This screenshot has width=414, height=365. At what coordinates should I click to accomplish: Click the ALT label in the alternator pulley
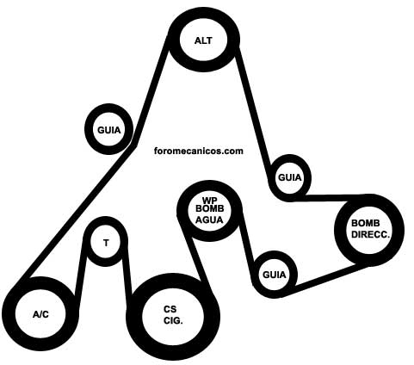(x=203, y=40)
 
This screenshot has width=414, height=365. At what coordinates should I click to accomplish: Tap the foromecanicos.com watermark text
(x=199, y=151)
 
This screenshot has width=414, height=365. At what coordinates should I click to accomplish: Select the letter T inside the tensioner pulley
(x=106, y=244)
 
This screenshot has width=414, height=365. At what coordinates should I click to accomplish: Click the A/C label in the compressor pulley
(x=40, y=315)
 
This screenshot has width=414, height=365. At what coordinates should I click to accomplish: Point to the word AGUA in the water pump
(x=209, y=220)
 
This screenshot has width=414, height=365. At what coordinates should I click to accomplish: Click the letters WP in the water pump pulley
(x=209, y=200)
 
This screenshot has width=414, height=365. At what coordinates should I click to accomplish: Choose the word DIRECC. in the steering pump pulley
(x=371, y=234)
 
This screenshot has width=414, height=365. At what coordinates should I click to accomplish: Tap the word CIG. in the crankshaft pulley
(x=173, y=320)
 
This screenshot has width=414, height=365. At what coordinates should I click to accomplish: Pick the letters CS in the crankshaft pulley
(x=170, y=309)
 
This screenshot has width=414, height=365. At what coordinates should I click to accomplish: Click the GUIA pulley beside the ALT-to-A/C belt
(x=109, y=129)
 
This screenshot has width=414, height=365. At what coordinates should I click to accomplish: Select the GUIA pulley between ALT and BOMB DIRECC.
(x=290, y=178)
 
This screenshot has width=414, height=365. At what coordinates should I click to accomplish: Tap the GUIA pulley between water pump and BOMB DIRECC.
(x=275, y=275)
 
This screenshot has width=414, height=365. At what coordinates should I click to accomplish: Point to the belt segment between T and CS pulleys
(x=127, y=269)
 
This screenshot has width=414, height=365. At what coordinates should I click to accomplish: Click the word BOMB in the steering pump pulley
(x=366, y=223)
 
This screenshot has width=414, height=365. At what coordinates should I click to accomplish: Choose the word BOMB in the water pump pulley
(x=209, y=208)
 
